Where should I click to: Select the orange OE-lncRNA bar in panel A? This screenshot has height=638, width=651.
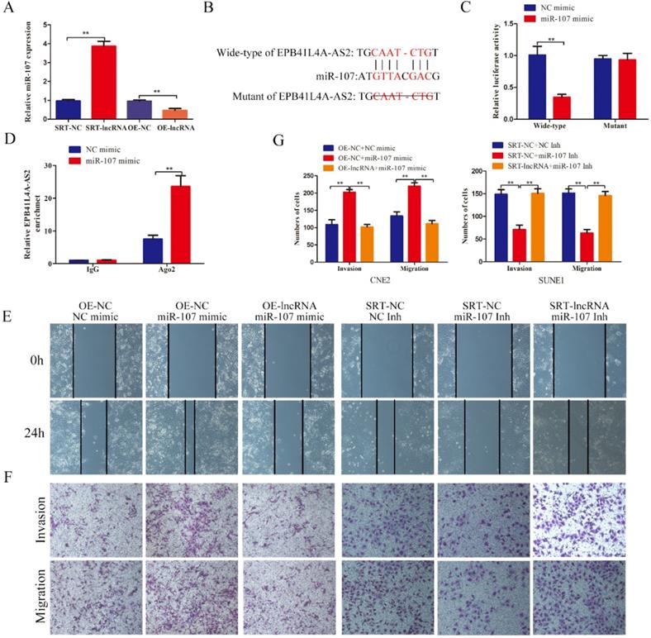[173, 114]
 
